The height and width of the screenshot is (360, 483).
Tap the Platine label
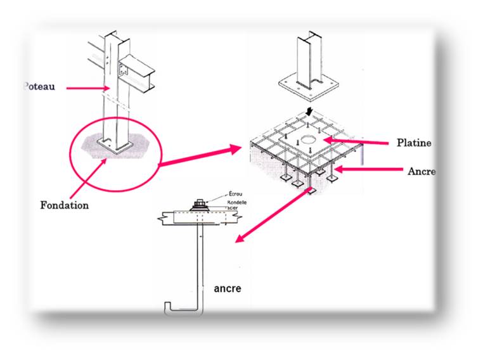click(413, 143)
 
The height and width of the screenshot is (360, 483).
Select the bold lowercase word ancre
click(228, 288)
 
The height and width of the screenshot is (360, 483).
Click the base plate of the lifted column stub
click(307, 83)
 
